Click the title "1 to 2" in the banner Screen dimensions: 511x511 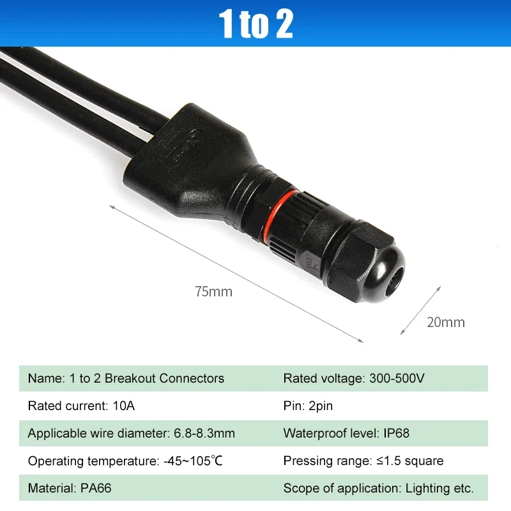[x=256, y=24]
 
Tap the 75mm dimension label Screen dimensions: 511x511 [x=213, y=293]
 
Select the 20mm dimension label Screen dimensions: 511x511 [x=446, y=322]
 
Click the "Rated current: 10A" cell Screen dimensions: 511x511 [x=81, y=406]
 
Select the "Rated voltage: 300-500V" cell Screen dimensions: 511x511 [x=353, y=378]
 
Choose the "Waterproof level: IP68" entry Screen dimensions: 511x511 [x=346, y=433]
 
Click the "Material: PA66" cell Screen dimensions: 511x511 [x=65, y=489]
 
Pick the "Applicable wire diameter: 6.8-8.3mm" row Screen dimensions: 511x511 [x=131, y=433]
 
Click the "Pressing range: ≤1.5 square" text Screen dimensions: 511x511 [x=363, y=461]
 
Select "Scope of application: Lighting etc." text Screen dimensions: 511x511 [x=378, y=489]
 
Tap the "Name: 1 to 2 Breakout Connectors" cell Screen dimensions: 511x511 [x=126, y=378]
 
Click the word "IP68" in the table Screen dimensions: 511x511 [x=396, y=433]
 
